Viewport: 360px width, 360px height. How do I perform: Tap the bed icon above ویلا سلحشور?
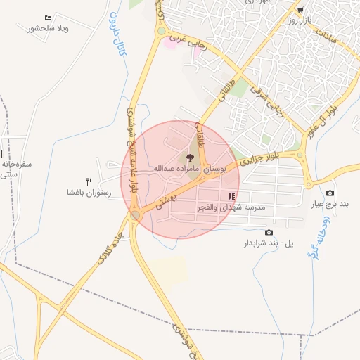click(47, 17)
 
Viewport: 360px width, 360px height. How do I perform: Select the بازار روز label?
click(302, 21)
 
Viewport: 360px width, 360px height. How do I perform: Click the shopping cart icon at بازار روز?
click(300, 10)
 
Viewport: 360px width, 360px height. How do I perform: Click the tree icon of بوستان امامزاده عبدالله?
click(189, 157)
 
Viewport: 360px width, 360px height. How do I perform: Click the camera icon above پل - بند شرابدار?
click(269, 232)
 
